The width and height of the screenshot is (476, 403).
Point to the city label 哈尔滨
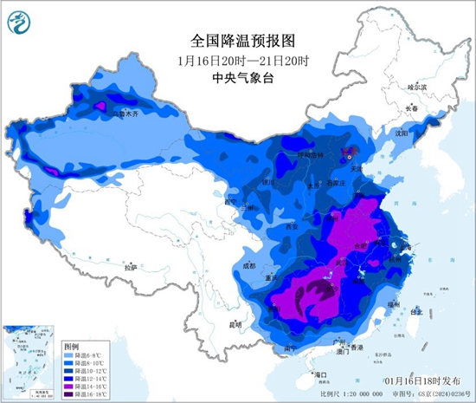pyautogui.click(x=418, y=87)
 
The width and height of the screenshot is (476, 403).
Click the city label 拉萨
pyautogui.click(x=131, y=268)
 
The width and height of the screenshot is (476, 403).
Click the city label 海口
pyautogui.click(x=321, y=374)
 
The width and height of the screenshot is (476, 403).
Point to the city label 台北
pyautogui.click(x=416, y=309)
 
